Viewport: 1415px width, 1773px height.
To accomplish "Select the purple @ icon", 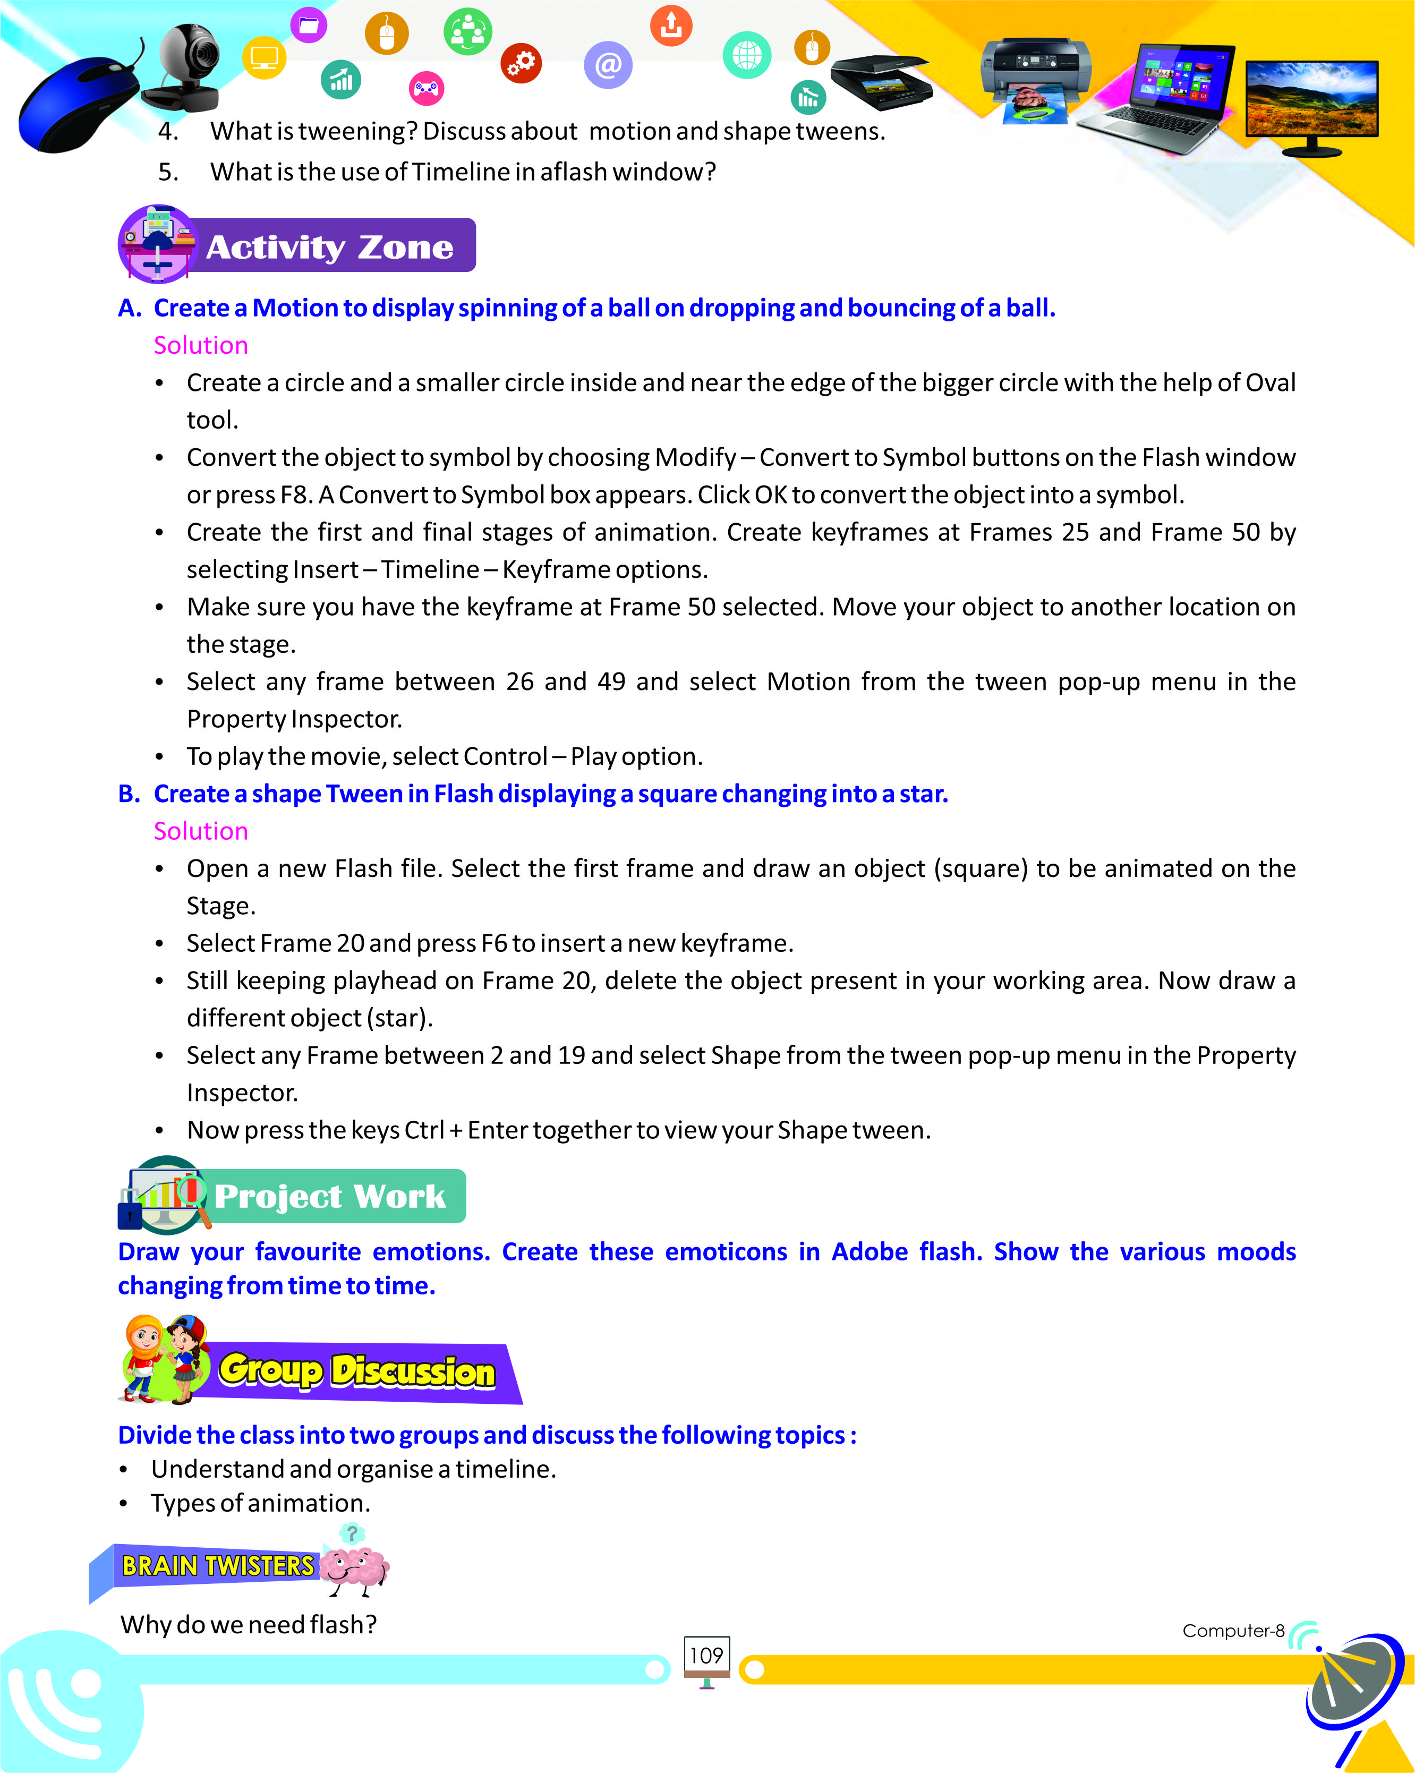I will tap(608, 64).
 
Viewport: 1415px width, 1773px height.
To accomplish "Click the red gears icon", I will tap(521, 63).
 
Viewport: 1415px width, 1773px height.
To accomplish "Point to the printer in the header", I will tap(1036, 78).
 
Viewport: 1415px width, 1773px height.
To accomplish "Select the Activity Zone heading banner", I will tap(329, 246).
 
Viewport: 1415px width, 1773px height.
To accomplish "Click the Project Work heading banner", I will tap(329, 1196).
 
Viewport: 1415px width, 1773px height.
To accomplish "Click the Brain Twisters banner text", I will tap(217, 1565).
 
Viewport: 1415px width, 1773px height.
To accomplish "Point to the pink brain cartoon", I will tap(354, 1563).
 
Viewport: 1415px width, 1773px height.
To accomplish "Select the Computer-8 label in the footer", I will tap(1232, 1631).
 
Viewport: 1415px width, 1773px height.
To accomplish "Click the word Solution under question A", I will tap(201, 345).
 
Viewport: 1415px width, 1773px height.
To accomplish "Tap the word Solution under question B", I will tap(201, 831).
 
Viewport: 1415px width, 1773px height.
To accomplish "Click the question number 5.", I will tap(168, 172).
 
